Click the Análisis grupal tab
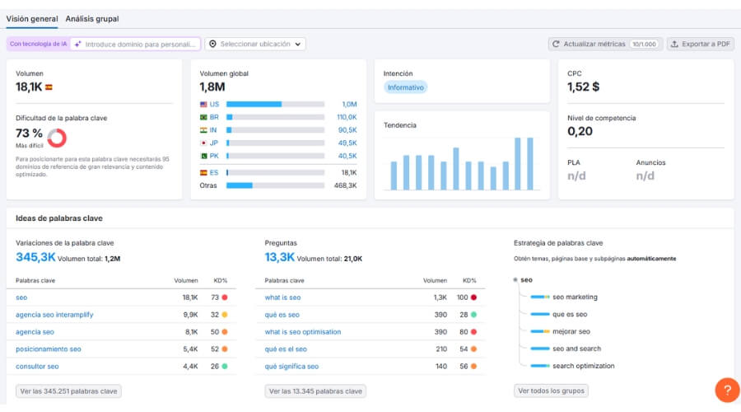(91, 18)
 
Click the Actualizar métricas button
(605, 44)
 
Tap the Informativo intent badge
(405, 87)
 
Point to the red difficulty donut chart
(57, 137)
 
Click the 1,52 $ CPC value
(584, 87)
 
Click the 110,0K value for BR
(347, 117)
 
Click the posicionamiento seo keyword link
(49, 349)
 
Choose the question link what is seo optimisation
(303, 332)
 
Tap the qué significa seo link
(291, 366)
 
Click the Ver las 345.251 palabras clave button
(68, 391)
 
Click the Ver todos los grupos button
(551, 391)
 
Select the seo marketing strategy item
(575, 297)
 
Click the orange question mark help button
(727, 390)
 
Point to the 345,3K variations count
(35, 257)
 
